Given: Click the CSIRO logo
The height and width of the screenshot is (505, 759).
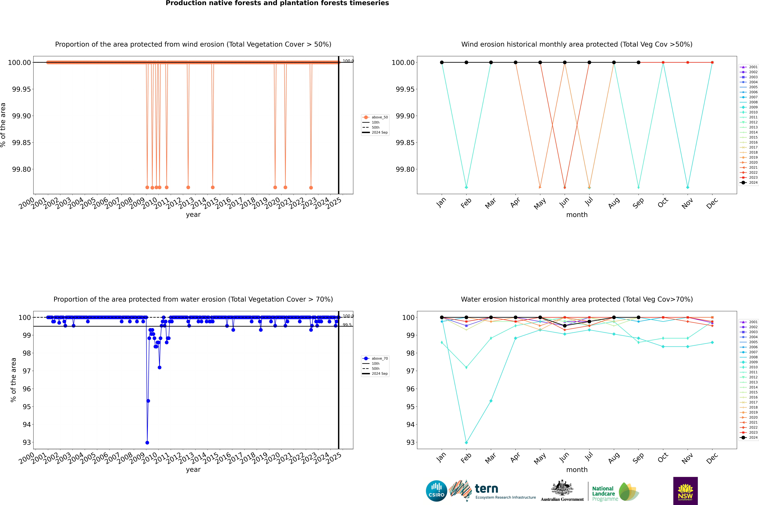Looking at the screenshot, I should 436,491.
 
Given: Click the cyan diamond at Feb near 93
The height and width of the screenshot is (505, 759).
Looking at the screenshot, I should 466,442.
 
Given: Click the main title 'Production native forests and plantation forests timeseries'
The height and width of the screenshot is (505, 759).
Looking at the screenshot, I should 277,3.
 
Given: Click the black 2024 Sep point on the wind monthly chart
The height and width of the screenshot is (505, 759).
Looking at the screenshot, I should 638,63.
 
